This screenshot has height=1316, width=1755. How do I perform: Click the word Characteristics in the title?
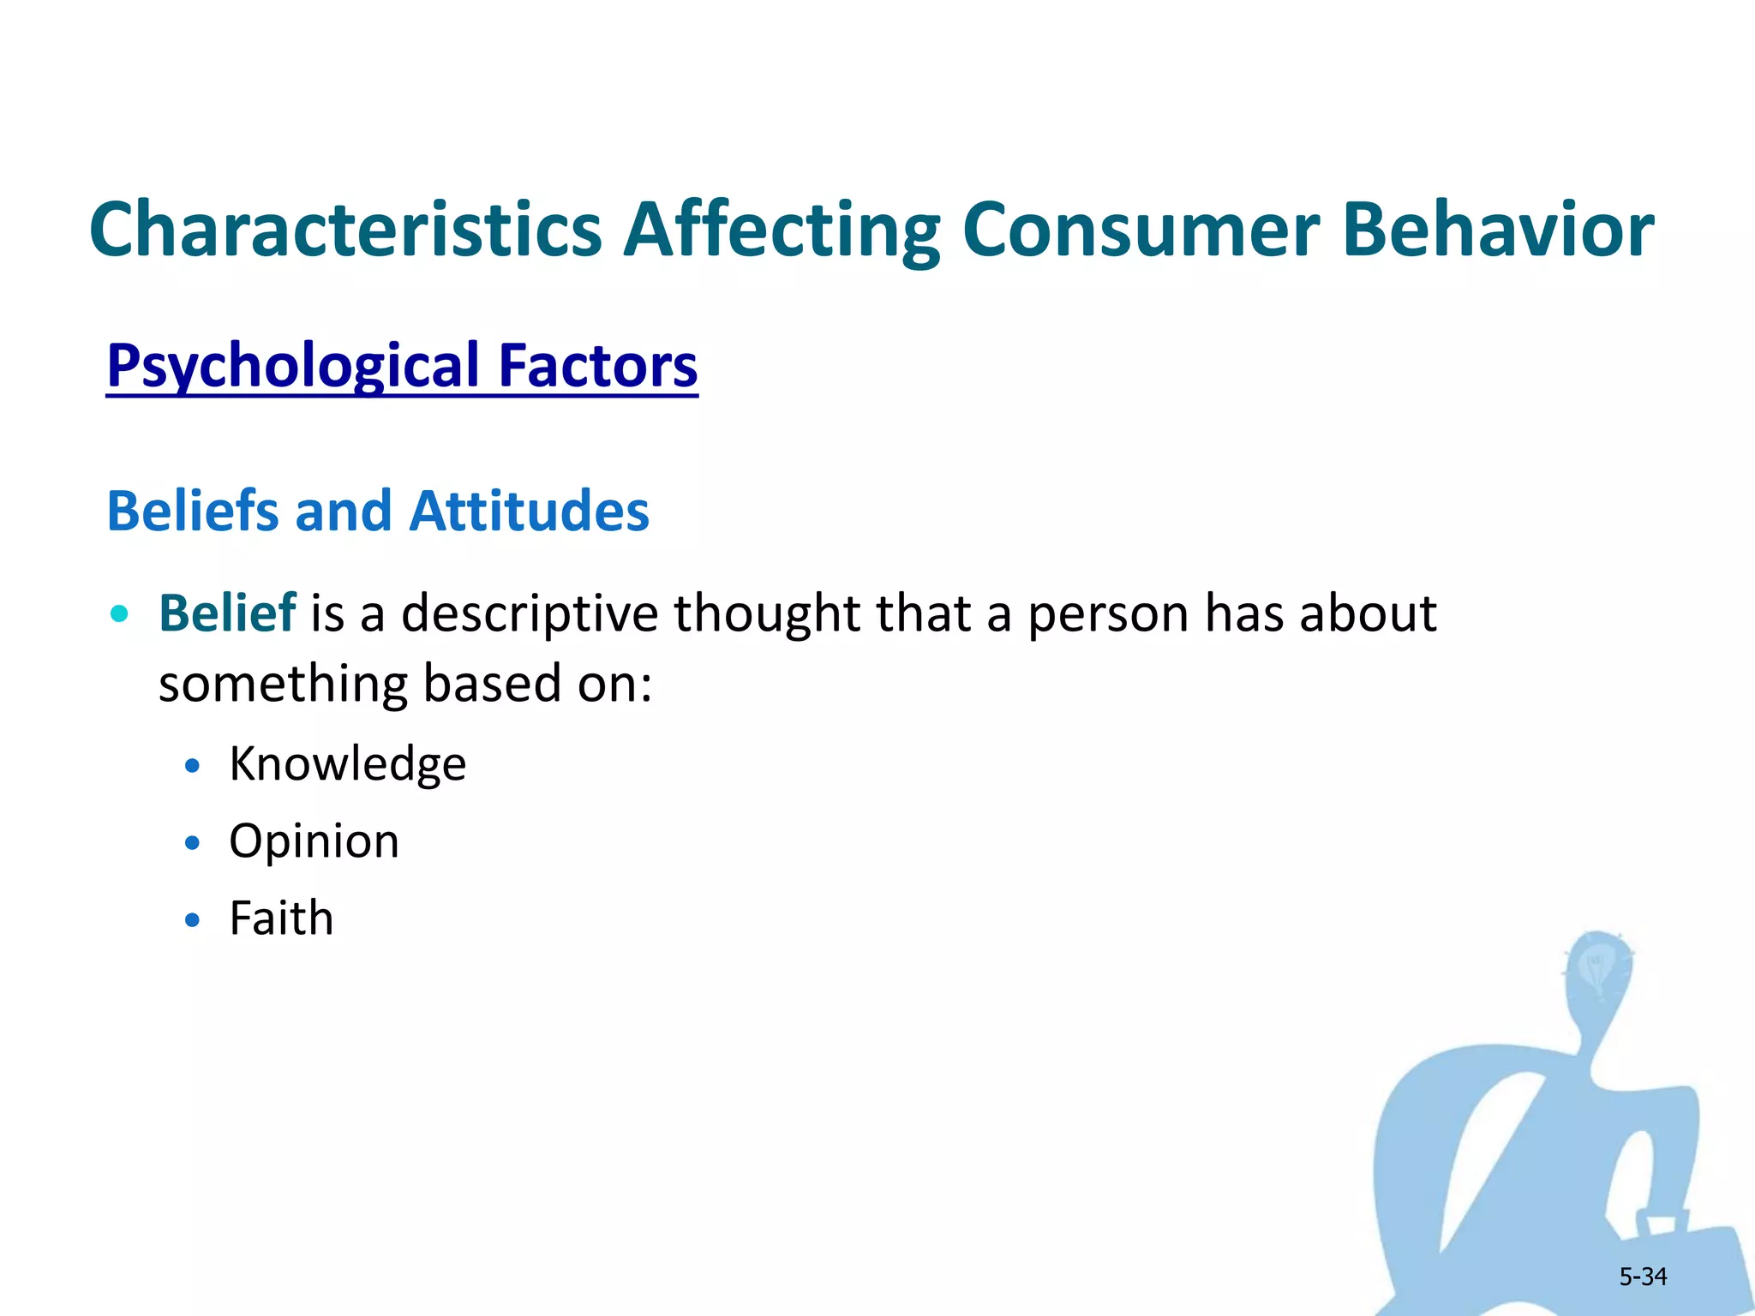pyautogui.click(x=346, y=230)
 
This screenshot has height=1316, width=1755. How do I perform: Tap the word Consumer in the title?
pyautogui.click(x=1140, y=230)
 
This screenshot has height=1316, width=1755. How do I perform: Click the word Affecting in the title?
pyautogui.click(x=781, y=230)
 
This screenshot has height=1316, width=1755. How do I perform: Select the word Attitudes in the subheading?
pyautogui.click(x=529, y=511)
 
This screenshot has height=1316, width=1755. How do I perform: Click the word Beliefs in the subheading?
pyautogui.click(x=193, y=511)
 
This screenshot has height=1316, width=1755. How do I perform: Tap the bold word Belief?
pyautogui.click(x=227, y=613)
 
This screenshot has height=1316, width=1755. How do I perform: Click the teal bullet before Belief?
pyautogui.click(x=120, y=613)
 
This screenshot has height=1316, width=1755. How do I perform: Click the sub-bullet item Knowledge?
pyautogui.click(x=347, y=763)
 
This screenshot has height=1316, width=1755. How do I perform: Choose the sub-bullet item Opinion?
pyautogui.click(x=314, y=841)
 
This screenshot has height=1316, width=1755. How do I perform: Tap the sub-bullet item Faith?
pyautogui.click(x=281, y=918)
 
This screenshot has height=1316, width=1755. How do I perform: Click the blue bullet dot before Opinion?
pyautogui.click(x=193, y=843)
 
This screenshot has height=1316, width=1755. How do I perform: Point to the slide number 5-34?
pyautogui.click(x=1642, y=1277)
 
